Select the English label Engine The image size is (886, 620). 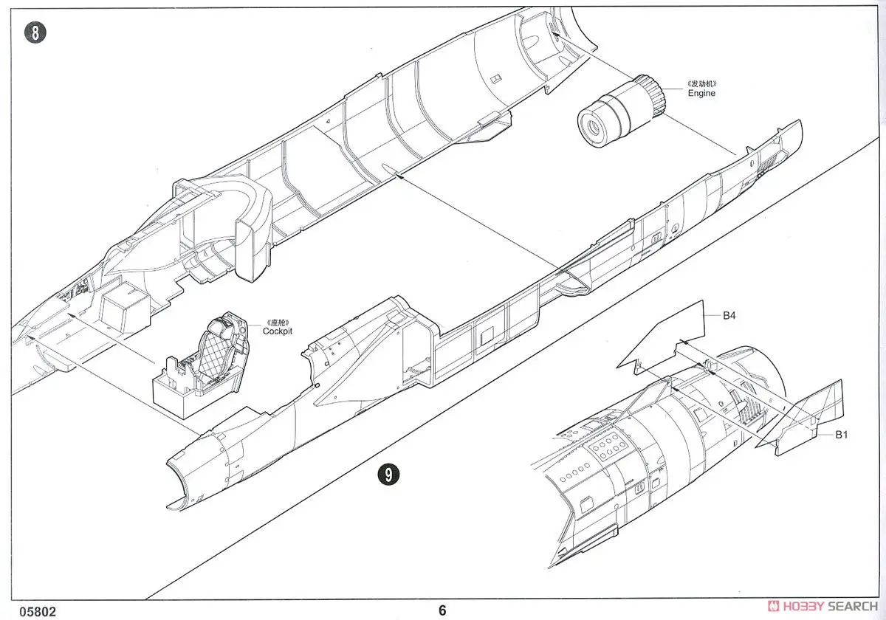click(701, 94)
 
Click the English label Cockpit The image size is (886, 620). click(278, 331)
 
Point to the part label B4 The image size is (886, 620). click(729, 316)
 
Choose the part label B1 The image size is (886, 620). click(841, 435)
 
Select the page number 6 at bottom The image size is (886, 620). click(442, 610)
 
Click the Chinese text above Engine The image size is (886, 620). click(701, 83)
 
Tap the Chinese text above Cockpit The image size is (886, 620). click(278, 322)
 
